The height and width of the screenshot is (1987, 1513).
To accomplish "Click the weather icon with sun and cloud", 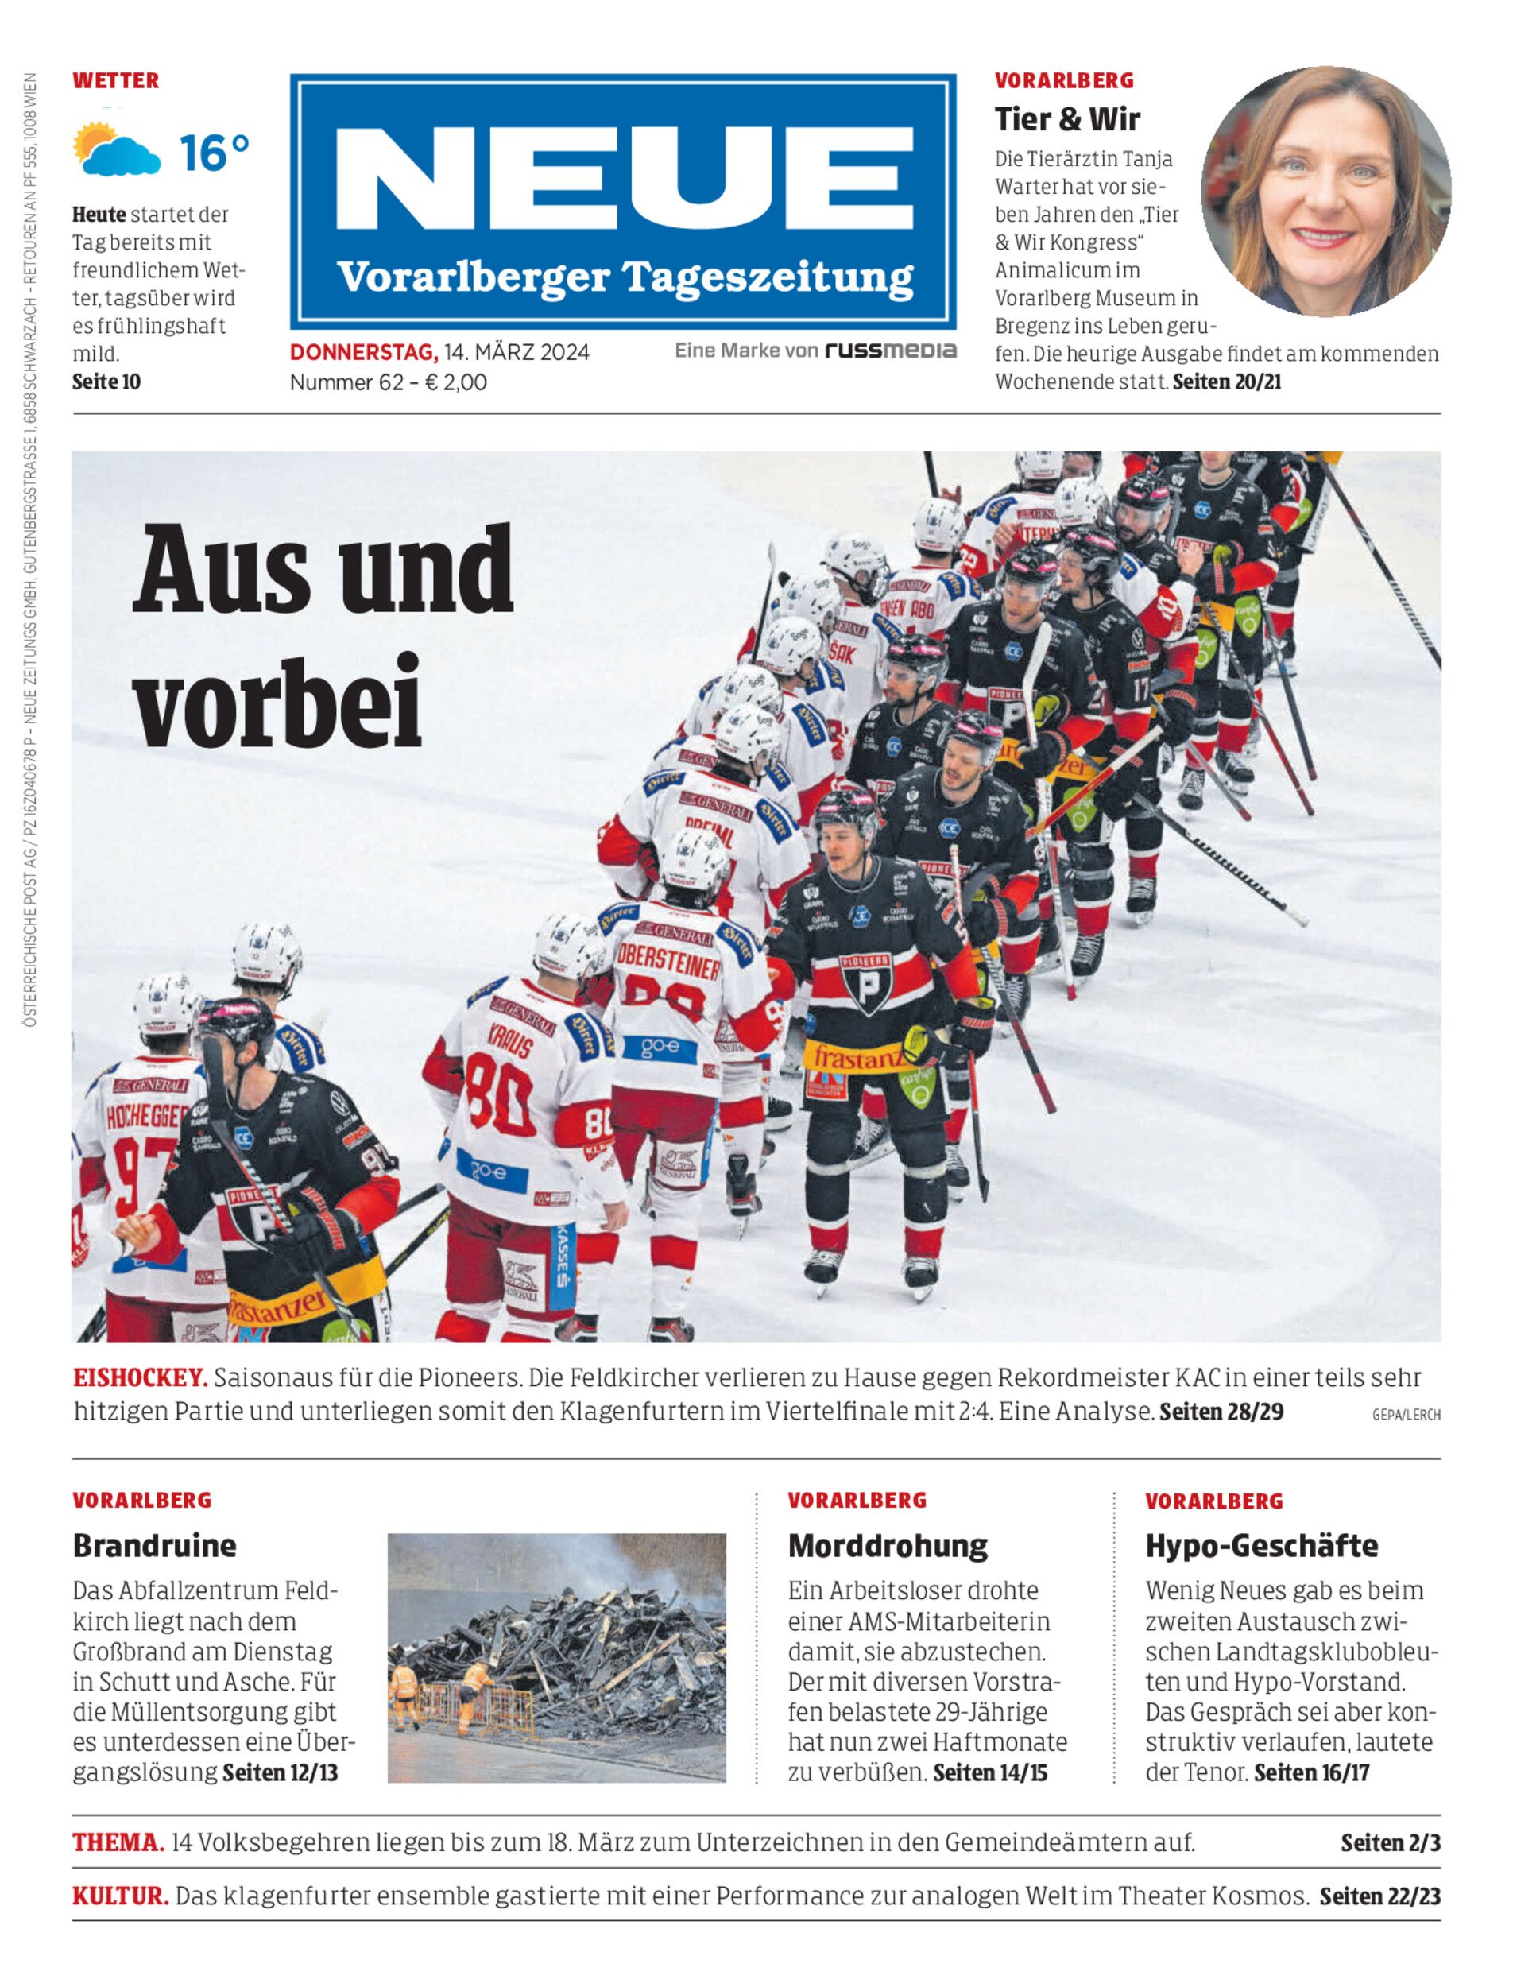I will point(117,149).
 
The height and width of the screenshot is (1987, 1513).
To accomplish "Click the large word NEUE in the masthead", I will point(623,177).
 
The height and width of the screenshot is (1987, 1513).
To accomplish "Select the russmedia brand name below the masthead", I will point(891,351).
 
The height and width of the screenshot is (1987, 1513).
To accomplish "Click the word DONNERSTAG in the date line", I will point(363,352).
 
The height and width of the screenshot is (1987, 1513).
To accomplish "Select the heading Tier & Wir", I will point(1066,119).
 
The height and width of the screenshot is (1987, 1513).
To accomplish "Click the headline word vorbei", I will point(278,702).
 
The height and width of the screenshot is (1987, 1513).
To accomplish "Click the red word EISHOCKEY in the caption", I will point(141,1377).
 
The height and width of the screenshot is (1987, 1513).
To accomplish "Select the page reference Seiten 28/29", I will point(1221,1411).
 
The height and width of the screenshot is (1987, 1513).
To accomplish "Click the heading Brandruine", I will point(154,1546).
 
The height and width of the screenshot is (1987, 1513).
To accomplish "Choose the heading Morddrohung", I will point(887,1546).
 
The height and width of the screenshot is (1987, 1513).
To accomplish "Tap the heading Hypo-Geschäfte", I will point(1261,1546).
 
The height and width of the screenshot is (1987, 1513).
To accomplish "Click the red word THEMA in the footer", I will point(118,1843).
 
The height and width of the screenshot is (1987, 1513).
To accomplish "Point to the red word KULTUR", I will point(121,1896).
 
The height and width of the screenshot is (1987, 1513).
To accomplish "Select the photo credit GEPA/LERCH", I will point(1405,1415).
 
